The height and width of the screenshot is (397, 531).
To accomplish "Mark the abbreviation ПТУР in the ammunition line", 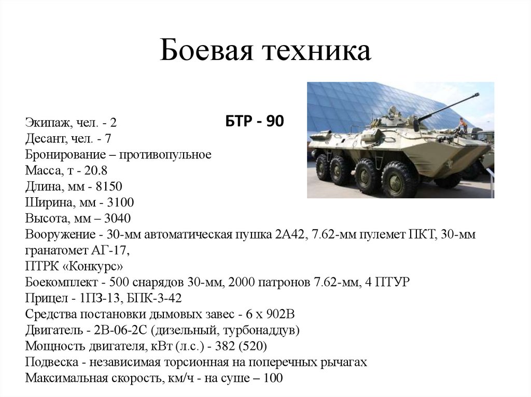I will [393, 282].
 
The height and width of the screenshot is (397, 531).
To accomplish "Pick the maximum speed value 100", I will [273, 378].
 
